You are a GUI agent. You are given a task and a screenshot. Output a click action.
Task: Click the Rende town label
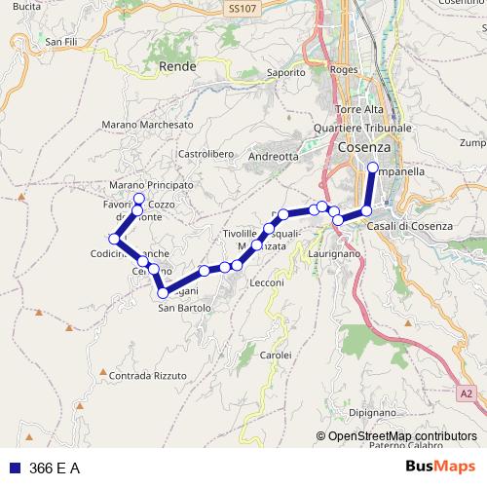(177, 66)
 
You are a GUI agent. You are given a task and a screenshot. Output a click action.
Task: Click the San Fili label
(60, 42)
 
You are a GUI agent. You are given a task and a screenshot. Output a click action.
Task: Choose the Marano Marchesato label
(146, 125)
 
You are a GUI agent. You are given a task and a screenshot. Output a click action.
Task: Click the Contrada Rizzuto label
(148, 375)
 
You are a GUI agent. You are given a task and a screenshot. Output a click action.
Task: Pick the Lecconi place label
(266, 282)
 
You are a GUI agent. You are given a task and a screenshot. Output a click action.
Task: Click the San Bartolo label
(185, 308)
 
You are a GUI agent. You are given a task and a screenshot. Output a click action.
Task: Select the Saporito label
(286, 72)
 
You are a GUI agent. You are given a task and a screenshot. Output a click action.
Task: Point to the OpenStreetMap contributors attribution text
(401, 436)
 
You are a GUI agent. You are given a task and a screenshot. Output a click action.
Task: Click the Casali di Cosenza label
(411, 226)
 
